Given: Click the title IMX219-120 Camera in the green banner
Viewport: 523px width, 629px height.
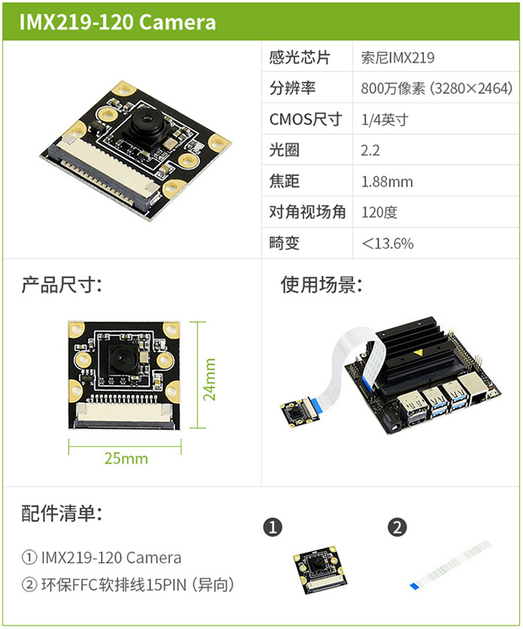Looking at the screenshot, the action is click(118, 22).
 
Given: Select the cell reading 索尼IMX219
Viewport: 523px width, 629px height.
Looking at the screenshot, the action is click(397, 58).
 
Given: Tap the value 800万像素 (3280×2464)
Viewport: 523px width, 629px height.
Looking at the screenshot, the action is click(437, 89).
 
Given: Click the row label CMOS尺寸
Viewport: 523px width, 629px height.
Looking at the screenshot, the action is click(305, 119).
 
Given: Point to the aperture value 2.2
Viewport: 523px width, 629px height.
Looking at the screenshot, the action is click(370, 151).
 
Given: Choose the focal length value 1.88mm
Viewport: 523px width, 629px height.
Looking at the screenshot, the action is click(387, 182).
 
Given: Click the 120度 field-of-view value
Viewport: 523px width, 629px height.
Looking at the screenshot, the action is click(379, 212).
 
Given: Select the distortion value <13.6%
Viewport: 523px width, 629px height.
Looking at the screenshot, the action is click(388, 243).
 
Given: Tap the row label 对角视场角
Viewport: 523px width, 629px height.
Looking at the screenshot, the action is click(308, 212).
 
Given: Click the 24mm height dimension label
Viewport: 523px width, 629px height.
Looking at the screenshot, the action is click(209, 379).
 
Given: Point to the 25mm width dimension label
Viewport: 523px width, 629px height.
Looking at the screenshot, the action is click(126, 459).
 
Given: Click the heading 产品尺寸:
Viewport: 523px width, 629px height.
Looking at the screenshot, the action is click(62, 285).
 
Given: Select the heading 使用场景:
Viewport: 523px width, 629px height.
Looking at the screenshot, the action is click(321, 285).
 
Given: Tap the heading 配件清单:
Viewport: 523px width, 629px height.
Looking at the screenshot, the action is click(62, 513).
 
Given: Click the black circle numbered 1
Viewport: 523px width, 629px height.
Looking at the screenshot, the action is click(273, 527).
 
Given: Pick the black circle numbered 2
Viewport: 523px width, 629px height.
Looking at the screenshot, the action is click(397, 527).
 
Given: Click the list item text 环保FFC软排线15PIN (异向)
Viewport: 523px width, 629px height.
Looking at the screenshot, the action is click(137, 585).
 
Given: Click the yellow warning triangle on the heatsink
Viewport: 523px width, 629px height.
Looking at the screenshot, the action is click(418, 353).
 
